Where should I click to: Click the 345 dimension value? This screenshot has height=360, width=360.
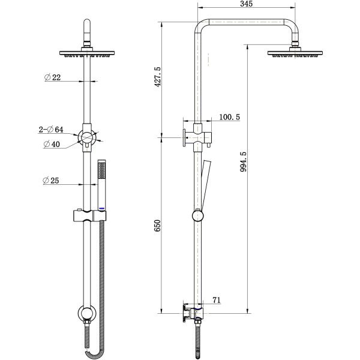click(247, 4)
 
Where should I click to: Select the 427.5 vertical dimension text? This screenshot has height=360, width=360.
click(158, 77)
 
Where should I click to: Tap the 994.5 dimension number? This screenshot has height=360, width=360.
click(243, 161)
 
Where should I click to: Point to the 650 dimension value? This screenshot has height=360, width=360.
click(158, 226)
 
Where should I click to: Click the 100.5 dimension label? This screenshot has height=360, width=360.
click(229, 117)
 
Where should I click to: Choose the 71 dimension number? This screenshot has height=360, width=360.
click(217, 300)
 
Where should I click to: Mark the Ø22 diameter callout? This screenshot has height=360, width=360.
click(53, 77)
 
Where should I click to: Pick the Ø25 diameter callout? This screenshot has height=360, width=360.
click(51, 181)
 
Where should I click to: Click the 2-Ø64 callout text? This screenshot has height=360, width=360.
click(51, 130)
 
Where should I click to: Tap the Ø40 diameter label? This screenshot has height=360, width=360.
click(52, 144)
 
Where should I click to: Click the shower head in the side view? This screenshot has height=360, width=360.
click(295, 53)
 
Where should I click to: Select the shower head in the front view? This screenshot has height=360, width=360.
click(87, 53)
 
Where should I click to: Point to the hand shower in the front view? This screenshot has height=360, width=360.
click(102, 185)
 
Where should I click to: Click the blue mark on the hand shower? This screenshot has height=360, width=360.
click(102, 208)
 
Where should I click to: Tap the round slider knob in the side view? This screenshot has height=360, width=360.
click(197, 216)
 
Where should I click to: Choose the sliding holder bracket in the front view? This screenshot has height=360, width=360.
click(90, 216)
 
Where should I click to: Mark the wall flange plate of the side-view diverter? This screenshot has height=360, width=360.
click(184, 137)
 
